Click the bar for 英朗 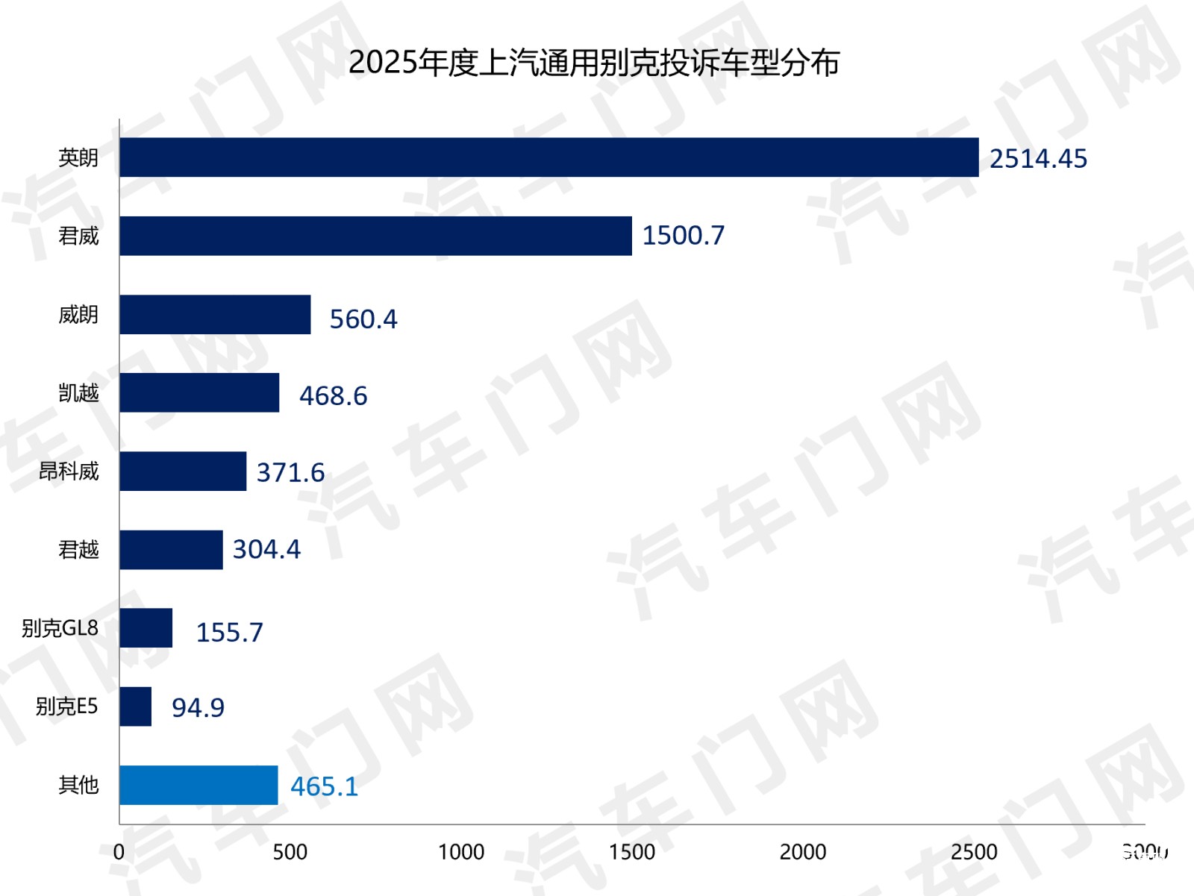coord(548,157)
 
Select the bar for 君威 coord(375,236)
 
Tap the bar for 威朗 coord(215,314)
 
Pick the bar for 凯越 coord(199,392)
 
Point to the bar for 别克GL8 coord(146,627)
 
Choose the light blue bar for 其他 coord(199,785)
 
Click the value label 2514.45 coord(1038,159)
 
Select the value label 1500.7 coord(683,236)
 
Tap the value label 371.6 coord(290,472)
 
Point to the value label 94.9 coord(198,707)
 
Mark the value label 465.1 coord(324,786)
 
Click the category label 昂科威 coord(69,472)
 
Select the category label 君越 coord(78,550)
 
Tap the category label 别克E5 coord(66,706)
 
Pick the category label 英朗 coord(78,157)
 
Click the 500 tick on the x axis coord(290,852)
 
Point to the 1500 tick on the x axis coord(631,852)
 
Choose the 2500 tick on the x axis coord(973,852)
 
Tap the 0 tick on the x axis coord(119,852)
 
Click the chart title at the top coord(594,63)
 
